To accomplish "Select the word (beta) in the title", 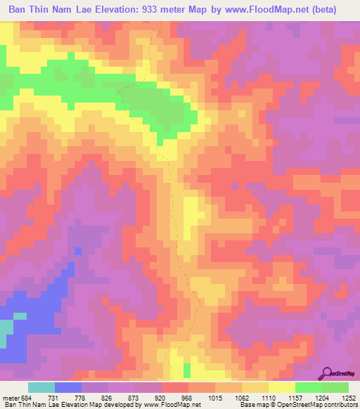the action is coord(322,9).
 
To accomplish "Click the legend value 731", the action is coord(62,398).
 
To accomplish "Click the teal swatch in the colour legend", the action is coord(41,388).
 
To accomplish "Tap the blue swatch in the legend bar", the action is coord(68,388).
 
